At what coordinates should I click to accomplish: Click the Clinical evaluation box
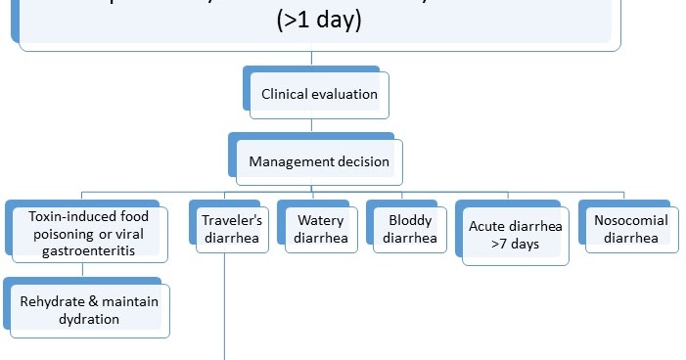point(318,96)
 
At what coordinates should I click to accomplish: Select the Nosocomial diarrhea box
point(631,228)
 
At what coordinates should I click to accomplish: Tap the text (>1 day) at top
point(318,20)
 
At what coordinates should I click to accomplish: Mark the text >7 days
point(516,244)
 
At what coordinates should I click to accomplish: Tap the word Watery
point(320,220)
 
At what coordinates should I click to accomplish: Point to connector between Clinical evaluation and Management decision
point(311,125)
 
